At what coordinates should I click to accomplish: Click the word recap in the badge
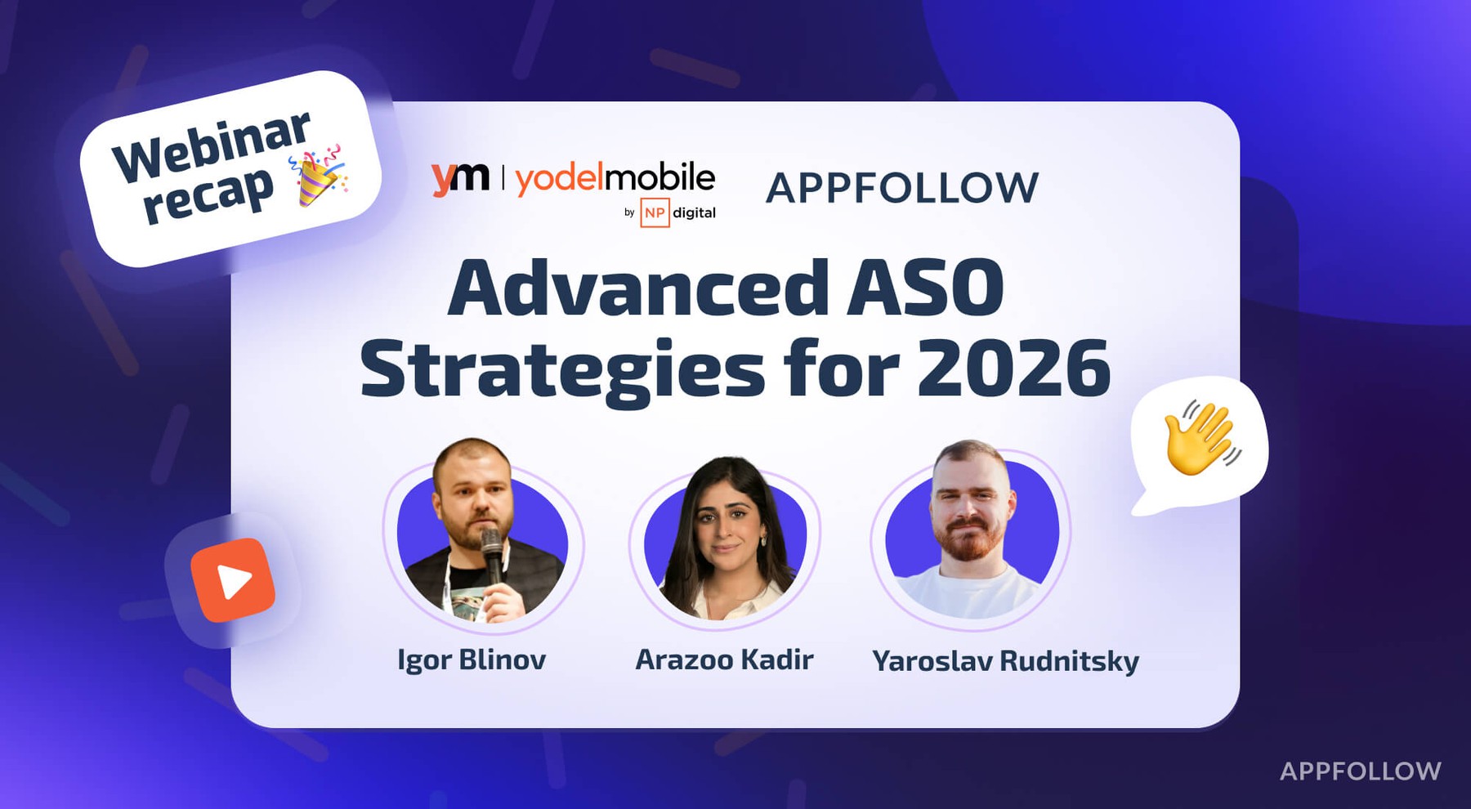pyautogui.click(x=208, y=196)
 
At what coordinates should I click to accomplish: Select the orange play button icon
pyautogui.click(x=233, y=580)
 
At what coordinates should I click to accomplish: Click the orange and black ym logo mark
pyautogui.click(x=460, y=178)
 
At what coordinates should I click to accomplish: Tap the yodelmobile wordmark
pyautogui.click(x=615, y=177)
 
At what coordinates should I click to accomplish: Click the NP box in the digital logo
pyautogui.click(x=655, y=212)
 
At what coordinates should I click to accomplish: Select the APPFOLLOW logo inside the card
pyautogui.click(x=901, y=188)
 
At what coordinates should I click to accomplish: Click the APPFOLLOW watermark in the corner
pyautogui.click(x=1360, y=771)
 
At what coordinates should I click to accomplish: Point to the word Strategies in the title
pyautogui.click(x=562, y=369)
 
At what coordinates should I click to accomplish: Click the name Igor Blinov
pyautogui.click(x=472, y=659)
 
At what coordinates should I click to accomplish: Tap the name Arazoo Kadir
pyautogui.click(x=724, y=659)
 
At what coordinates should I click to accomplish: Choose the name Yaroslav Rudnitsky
pyautogui.click(x=1005, y=661)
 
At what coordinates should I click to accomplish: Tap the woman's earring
pyautogui.click(x=763, y=541)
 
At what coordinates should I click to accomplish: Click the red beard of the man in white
pyautogui.click(x=969, y=543)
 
